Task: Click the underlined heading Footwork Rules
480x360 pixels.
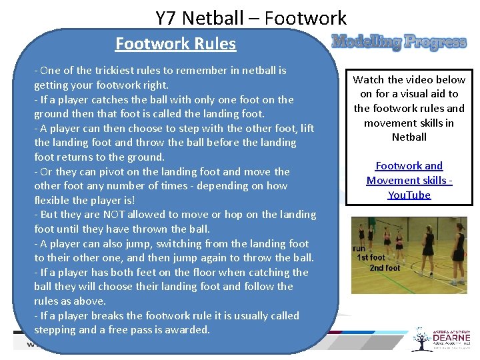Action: (x=175, y=44)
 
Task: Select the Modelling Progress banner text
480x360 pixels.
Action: (x=399, y=43)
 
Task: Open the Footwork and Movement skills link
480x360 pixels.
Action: (x=409, y=180)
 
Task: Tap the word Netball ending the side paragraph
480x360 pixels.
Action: (x=409, y=137)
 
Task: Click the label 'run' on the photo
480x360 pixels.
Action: (x=359, y=249)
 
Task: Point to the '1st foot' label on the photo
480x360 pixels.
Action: (x=371, y=257)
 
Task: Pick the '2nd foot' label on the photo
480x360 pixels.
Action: (x=385, y=268)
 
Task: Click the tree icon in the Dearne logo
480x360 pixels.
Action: (x=421, y=338)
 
